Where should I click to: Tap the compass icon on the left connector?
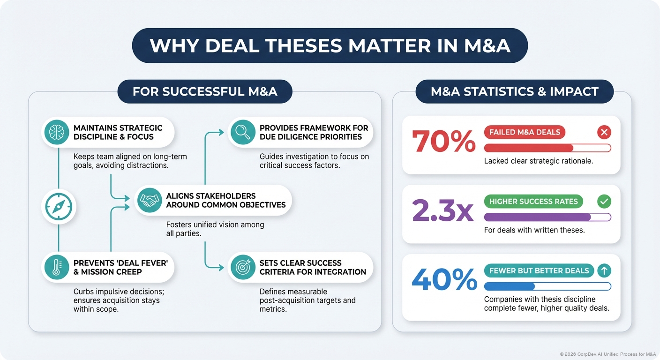pos(58,206)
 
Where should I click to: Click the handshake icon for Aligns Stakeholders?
pos(150,200)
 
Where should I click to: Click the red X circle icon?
pos(604,132)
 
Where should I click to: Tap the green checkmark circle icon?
pos(604,202)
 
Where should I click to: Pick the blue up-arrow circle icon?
pos(604,270)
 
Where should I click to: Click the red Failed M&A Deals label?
pos(525,132)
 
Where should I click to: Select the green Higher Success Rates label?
pos(533,202)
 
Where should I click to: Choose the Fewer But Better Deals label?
pos(539,270)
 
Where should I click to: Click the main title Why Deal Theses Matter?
pos(330,46)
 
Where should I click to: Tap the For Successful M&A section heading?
pos(205,91)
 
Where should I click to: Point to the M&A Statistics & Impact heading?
pos(514,91)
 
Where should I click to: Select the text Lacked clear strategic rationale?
pos(539,161)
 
